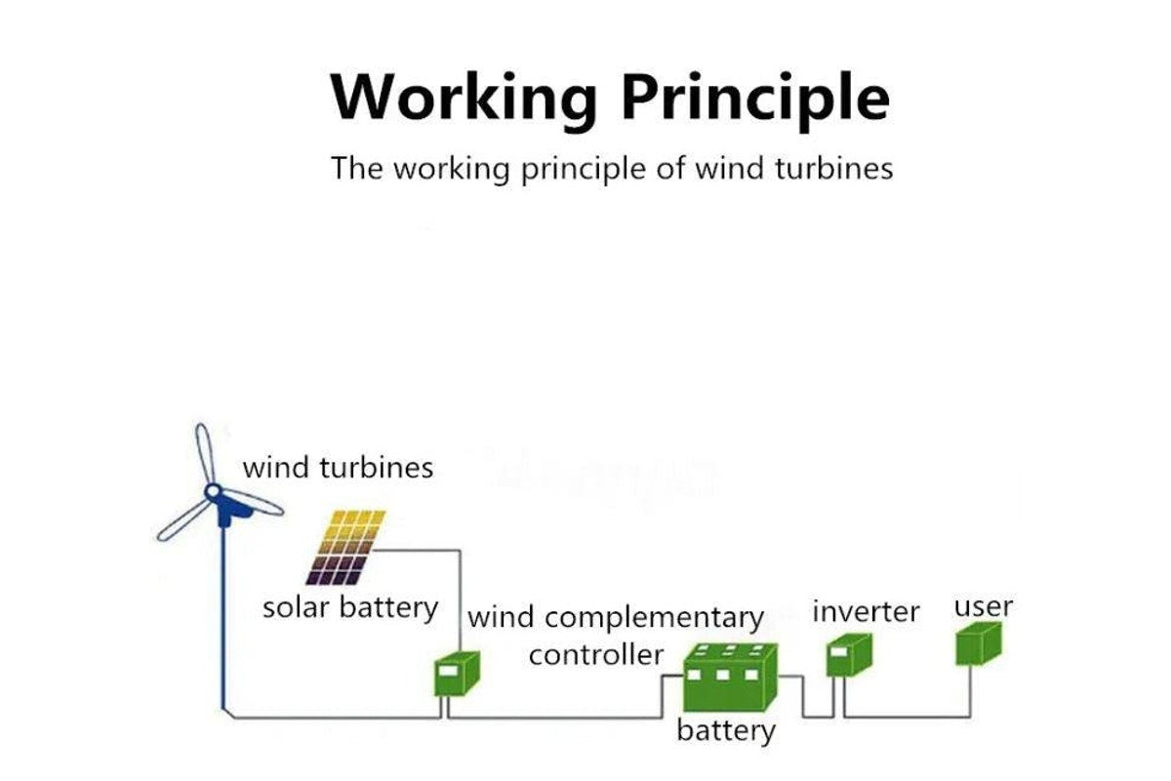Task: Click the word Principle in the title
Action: pos(755,99)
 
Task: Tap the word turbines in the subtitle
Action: pos(831,168)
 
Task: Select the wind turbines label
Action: pos(338,467)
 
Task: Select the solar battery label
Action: pos(350,607)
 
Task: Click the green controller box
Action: pos(456,673)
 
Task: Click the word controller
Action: pos(595,654)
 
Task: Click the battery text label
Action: pos(726,731)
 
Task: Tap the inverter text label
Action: pos(866,612)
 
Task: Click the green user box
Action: pos(977,645)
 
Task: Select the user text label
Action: pos(983,606)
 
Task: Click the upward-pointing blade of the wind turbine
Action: pos(203,454)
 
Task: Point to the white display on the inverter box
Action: pos(837,651)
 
